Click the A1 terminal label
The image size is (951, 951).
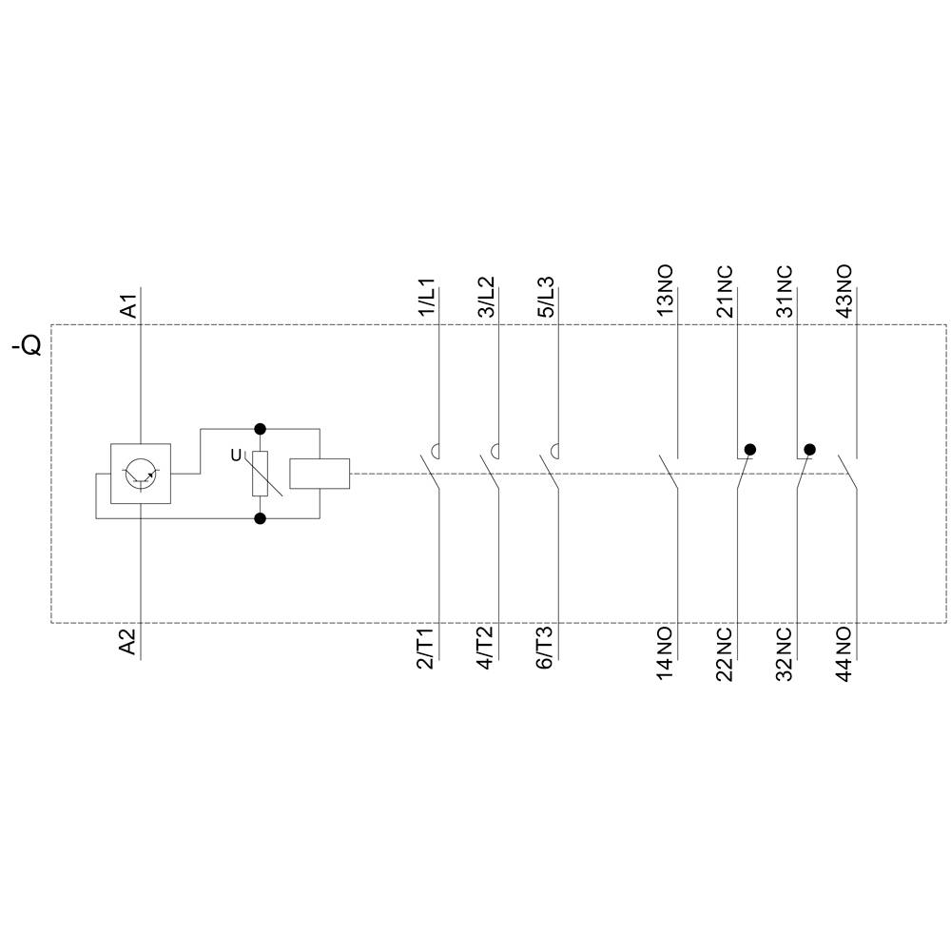(x=129, y=305)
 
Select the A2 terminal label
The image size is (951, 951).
(x=129, y=642)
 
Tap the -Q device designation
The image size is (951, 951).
(x=28, y=344)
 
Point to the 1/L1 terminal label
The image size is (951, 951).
(x=426, y=299)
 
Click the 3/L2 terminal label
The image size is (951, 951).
(x=485, y=299)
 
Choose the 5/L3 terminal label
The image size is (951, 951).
(x=545, y=299)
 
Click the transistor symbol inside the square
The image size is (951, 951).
(x=141, y=473)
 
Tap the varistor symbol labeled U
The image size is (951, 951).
(x=260, y=473)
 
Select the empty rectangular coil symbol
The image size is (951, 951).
(x=320, y=473)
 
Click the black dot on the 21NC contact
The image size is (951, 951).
(x=750, y=449)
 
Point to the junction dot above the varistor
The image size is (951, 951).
(x=260, y=429)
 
